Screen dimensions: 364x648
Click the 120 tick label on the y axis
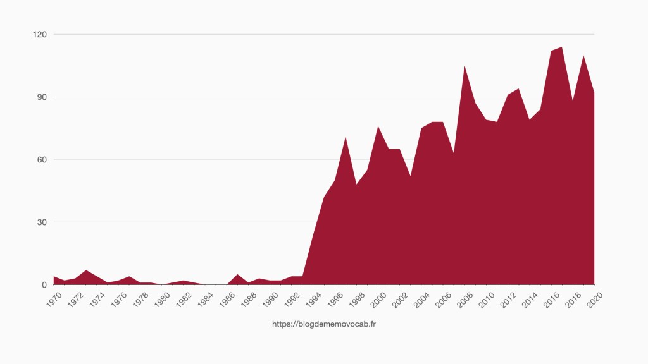pyautogui.click(x=39, y=34)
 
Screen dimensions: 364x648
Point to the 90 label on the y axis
pyautogui.click(x=41, y=97)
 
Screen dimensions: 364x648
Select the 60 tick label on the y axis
pyautogui.click(x=41, y=159)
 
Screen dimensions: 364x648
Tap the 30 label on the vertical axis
pyautogui.click(x=41, y=222)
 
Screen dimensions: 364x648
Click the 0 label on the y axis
pyautogui.click(x=44, y=285)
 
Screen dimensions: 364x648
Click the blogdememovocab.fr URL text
pyautogui.click(x=324, y=324)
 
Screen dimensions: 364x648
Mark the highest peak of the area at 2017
pyautogui.click(x=561, y=47)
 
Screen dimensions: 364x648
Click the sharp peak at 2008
pyautogui.click(x=464, y=66)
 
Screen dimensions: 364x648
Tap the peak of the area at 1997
pyautogui.click(x=346, y=137)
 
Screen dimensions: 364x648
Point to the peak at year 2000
pyautogui.click(x=378, y=127)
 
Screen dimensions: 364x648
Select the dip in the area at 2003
pyautogui.click(x=410, y=176)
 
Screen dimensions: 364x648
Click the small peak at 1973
pyautogui.click(x=87, y=270)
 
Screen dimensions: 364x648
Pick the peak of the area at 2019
pyautogui.click(x=583, y=56)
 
